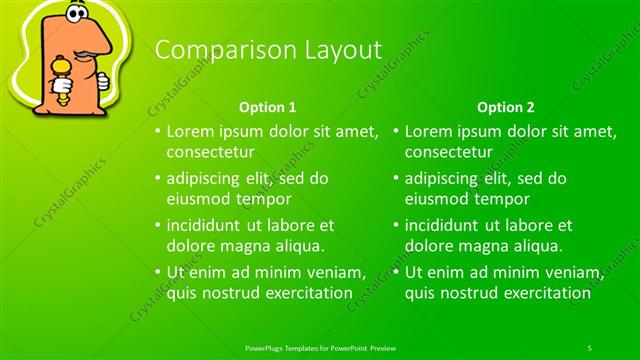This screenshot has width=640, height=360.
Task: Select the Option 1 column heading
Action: coord(268,106)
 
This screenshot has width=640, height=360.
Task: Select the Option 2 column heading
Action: coord(506,106)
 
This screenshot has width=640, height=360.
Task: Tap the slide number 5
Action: coord(589,347)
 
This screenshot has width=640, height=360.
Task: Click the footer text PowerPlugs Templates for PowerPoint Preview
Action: coord(320,347)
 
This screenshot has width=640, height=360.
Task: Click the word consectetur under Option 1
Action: coord(210,152)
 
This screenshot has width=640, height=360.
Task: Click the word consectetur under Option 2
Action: coord(449,152)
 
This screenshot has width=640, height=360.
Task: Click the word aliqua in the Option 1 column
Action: coord(295,245)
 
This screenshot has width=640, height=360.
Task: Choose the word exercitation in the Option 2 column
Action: coord(544,293)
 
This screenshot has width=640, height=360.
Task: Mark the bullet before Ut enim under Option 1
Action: coord(157,272)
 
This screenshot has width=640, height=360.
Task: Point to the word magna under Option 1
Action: coord(243,245)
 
